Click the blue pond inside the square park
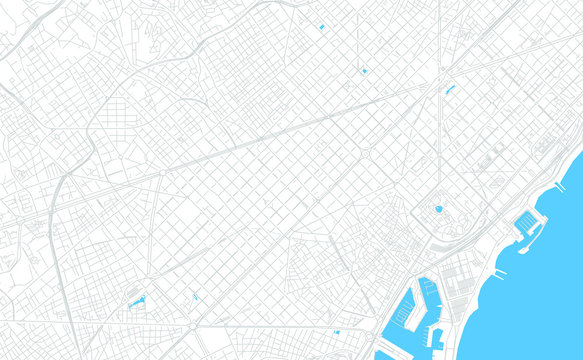(438, 209)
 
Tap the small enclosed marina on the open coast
(527, 226)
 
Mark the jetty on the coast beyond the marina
(560, 186)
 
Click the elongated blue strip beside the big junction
(449, 89)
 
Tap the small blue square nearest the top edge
(321, 27)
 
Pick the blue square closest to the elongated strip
(364, 71)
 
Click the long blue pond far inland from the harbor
(135, 300)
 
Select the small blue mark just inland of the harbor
(337, 331)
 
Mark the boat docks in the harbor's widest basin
(403, 315)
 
